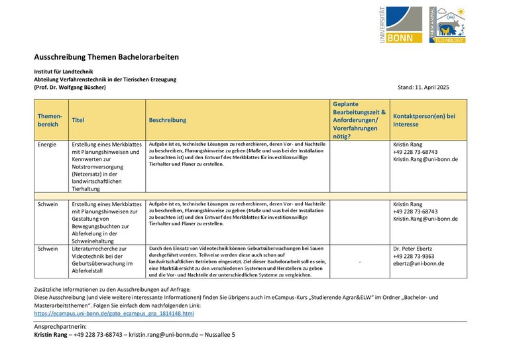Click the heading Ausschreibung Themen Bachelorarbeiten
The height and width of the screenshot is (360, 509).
tap(106, 57)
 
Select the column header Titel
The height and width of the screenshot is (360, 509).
tap(78, 120)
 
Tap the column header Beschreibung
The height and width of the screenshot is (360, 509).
tap(168, 120)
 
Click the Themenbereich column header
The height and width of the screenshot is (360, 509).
tap(50, 120)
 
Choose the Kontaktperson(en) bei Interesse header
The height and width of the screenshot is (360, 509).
tap(424, 120)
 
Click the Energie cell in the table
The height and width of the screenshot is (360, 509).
tap(47, 144)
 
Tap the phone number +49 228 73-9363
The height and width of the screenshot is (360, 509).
tap(414, 256)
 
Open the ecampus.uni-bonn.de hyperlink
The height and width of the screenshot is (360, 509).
tap(113, 313)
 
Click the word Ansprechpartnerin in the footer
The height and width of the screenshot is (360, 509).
tap(60, 327)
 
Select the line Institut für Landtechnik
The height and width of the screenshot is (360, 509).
tap(64, 72)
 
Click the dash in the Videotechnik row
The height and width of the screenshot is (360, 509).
tap(360, 262)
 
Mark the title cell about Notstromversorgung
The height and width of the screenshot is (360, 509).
tap(106, 166)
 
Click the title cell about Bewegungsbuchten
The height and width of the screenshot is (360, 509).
tap(106, 222)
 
